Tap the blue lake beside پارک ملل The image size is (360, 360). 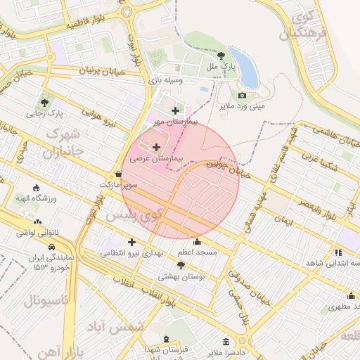tap(244, 67)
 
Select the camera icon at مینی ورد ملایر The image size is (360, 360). tap(243, 95)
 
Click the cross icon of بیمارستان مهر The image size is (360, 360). tap(175, 110)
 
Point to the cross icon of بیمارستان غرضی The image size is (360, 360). tap(155, 147)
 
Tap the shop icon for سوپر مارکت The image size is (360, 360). tap(118, 174)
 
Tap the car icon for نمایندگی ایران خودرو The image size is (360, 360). tap(52, 247)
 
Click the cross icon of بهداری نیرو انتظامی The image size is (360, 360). tap(131, 242)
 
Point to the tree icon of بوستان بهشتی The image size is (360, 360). tap(181, 265)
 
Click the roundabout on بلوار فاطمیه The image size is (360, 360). tap(126, 11)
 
